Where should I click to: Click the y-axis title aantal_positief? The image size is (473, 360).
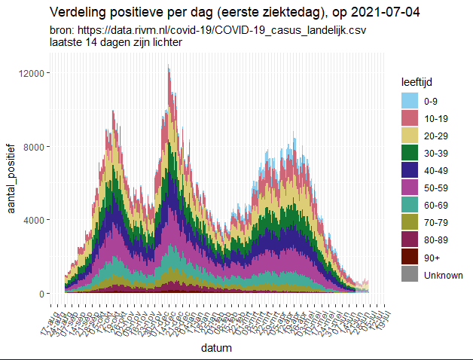tap(12, 183)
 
